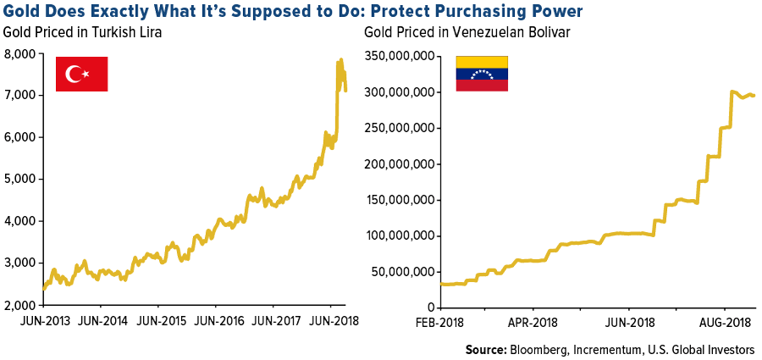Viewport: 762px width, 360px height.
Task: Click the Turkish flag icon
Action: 81,74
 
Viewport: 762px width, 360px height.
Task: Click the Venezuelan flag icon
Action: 482,74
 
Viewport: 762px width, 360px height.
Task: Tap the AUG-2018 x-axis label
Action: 725,323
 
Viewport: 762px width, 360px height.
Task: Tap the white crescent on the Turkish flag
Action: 75,75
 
